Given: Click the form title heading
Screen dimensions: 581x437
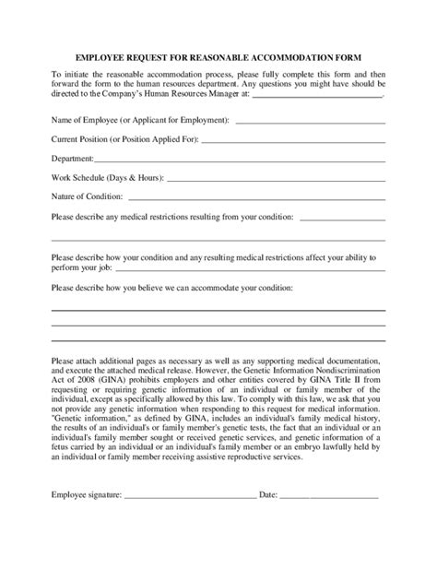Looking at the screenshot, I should pyautogui.click(x=218, y=53).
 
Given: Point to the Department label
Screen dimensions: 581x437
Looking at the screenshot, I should pyautogui.click(x=73, y=160).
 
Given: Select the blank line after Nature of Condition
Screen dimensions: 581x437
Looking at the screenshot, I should pyautogui.click(x=262, y=199).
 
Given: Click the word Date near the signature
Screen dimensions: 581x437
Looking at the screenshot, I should pyautogui.click(x=268, y=495).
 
